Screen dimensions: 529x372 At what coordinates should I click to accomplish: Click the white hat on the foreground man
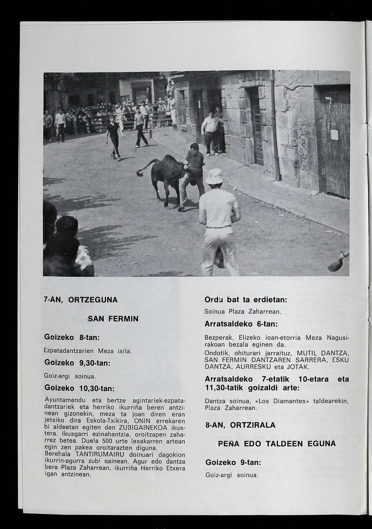pyautogui.click(x=214, y=176)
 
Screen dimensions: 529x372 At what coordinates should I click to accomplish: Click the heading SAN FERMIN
pyautogui.click(x=113, y=319)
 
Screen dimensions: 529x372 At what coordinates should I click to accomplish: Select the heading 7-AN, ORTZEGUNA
pyautogui.click(x=81, y=300)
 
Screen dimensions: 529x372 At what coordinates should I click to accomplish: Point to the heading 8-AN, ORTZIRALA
pyautogui.click(x=241, y=425)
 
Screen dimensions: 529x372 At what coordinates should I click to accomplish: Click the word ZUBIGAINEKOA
pyautogui.click(x=143, y=428)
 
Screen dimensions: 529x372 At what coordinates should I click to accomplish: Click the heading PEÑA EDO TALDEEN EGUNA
pyautogui.click(x=277, y=444)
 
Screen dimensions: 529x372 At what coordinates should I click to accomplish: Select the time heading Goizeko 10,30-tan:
pyautogui.click(x=79, y=388)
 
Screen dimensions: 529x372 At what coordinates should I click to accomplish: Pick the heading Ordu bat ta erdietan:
pyautogui.click(x=246, y=300)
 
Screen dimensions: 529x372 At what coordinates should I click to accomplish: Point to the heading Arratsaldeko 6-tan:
pyautogui.click(x=241, y=324)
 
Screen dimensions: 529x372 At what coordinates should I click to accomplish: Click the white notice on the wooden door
pyautogui.click(x=334, y=134)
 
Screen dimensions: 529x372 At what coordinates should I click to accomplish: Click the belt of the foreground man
pyautogui.click(x=219, y=227)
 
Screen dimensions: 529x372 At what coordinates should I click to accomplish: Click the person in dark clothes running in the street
pyautogui.click(x=114, y=136)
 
